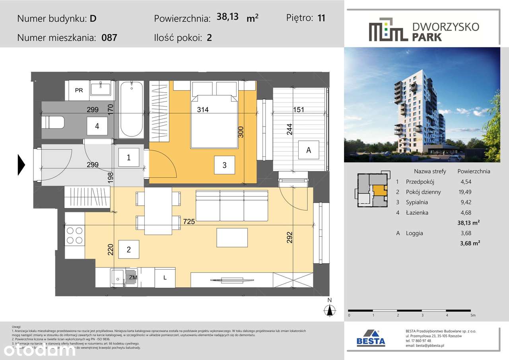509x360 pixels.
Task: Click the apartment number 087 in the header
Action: (x=109, y=38)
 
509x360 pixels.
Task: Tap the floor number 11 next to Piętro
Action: (x=321, y=18)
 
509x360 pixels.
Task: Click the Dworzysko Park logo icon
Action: (x=388, y=29)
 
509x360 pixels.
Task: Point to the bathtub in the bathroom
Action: (x=131, y=109)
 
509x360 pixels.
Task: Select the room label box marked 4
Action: (x=97, y=126)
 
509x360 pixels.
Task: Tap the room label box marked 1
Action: (x=128, y=158)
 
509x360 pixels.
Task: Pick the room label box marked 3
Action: (x=224, y=165)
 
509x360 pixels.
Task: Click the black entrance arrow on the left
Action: (x=21, y=164)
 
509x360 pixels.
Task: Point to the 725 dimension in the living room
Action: (x=189, y=222)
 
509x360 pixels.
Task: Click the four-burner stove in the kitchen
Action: (x=74, y=235)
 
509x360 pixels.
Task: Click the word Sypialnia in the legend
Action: (x=417, y=202)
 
